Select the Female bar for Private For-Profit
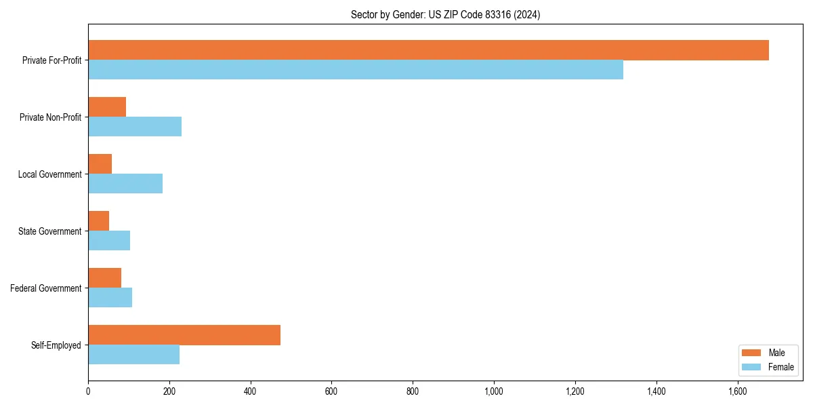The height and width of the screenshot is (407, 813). (x=356, y=70)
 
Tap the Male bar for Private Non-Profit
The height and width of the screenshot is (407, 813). (x=107, y=107)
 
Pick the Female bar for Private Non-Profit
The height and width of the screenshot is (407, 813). (x=135, y=127)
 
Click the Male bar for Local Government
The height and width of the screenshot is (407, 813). (x=100, y=164)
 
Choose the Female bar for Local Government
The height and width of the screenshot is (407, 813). (x=125, y=184)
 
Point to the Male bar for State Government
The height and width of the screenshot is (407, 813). (x=98, y=221)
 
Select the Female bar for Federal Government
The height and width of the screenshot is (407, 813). (x=110, y=298)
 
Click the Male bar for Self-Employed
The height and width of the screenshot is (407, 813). (x=184, y=335)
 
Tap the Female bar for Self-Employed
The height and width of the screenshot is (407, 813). (x=133, y=355)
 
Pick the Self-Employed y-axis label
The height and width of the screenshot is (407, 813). (x=56, y=345)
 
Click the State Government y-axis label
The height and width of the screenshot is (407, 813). (x=50, y=231)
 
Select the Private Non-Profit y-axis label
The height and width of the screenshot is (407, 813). (x=50, y=117)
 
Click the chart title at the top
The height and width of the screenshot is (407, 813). (x=445, y=14)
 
